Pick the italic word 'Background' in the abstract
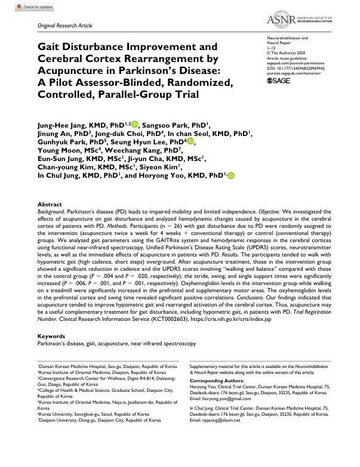pos(53,212)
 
